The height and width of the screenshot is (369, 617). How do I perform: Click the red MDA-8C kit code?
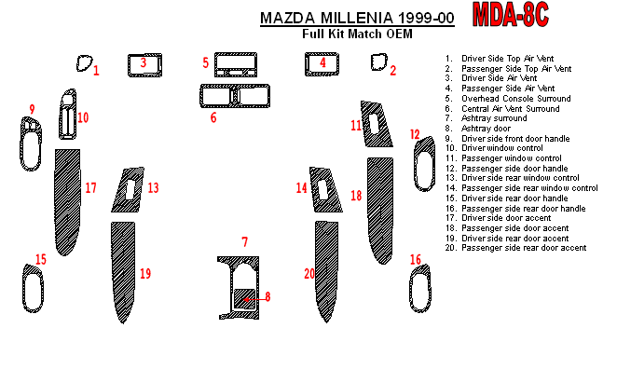pyautogui.click(x=511, y=15)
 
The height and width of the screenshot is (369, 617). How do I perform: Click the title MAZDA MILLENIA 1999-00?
pyautogui.click(x=357, y=19)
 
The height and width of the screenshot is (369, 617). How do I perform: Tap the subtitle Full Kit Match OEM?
pyautogui.click(x=357, y=34)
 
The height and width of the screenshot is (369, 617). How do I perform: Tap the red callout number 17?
pyautogui.click(x=91, y=187)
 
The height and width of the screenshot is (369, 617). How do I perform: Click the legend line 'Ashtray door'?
pyautogui.click(x=486, y=129)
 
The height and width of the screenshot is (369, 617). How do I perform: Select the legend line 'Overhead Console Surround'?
pyautogui.click(x=515, y=99)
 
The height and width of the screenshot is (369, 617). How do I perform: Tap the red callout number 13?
pyautogui.click(x=153, y=187)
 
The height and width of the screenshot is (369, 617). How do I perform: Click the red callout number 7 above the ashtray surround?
pyautogui.click(x=245, y=242)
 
